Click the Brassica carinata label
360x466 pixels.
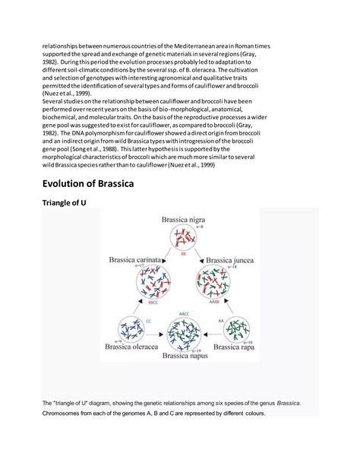[135, 259]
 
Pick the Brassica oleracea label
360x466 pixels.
[128, 347]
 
